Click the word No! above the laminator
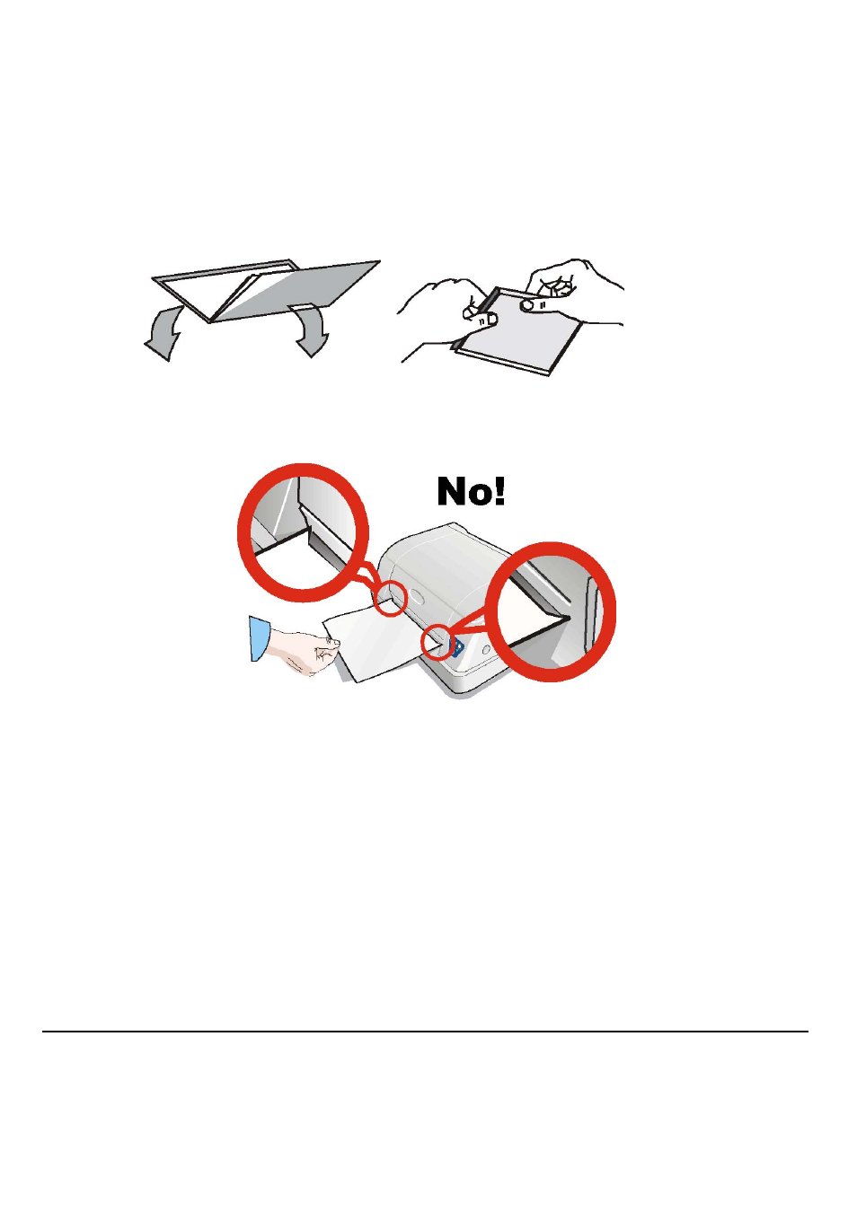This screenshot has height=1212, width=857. click(471, 492)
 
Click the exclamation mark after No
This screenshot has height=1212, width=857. click(499, 492)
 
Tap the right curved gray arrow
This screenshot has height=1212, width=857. click(310, 329)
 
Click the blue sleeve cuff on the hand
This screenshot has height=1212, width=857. click(260, 638)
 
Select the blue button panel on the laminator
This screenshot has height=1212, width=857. click(456, 646)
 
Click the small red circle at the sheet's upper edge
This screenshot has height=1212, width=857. click(391, 599)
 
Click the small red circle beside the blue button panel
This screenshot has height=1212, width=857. click(437, 642)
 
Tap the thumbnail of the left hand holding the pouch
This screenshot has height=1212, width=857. click(491, 320)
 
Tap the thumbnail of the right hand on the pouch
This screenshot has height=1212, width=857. click(527, 304)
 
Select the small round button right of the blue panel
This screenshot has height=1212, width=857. click(486, 648)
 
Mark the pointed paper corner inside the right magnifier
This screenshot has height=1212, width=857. click(570, 616)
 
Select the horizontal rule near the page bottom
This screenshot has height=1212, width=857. click(425, 1032)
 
